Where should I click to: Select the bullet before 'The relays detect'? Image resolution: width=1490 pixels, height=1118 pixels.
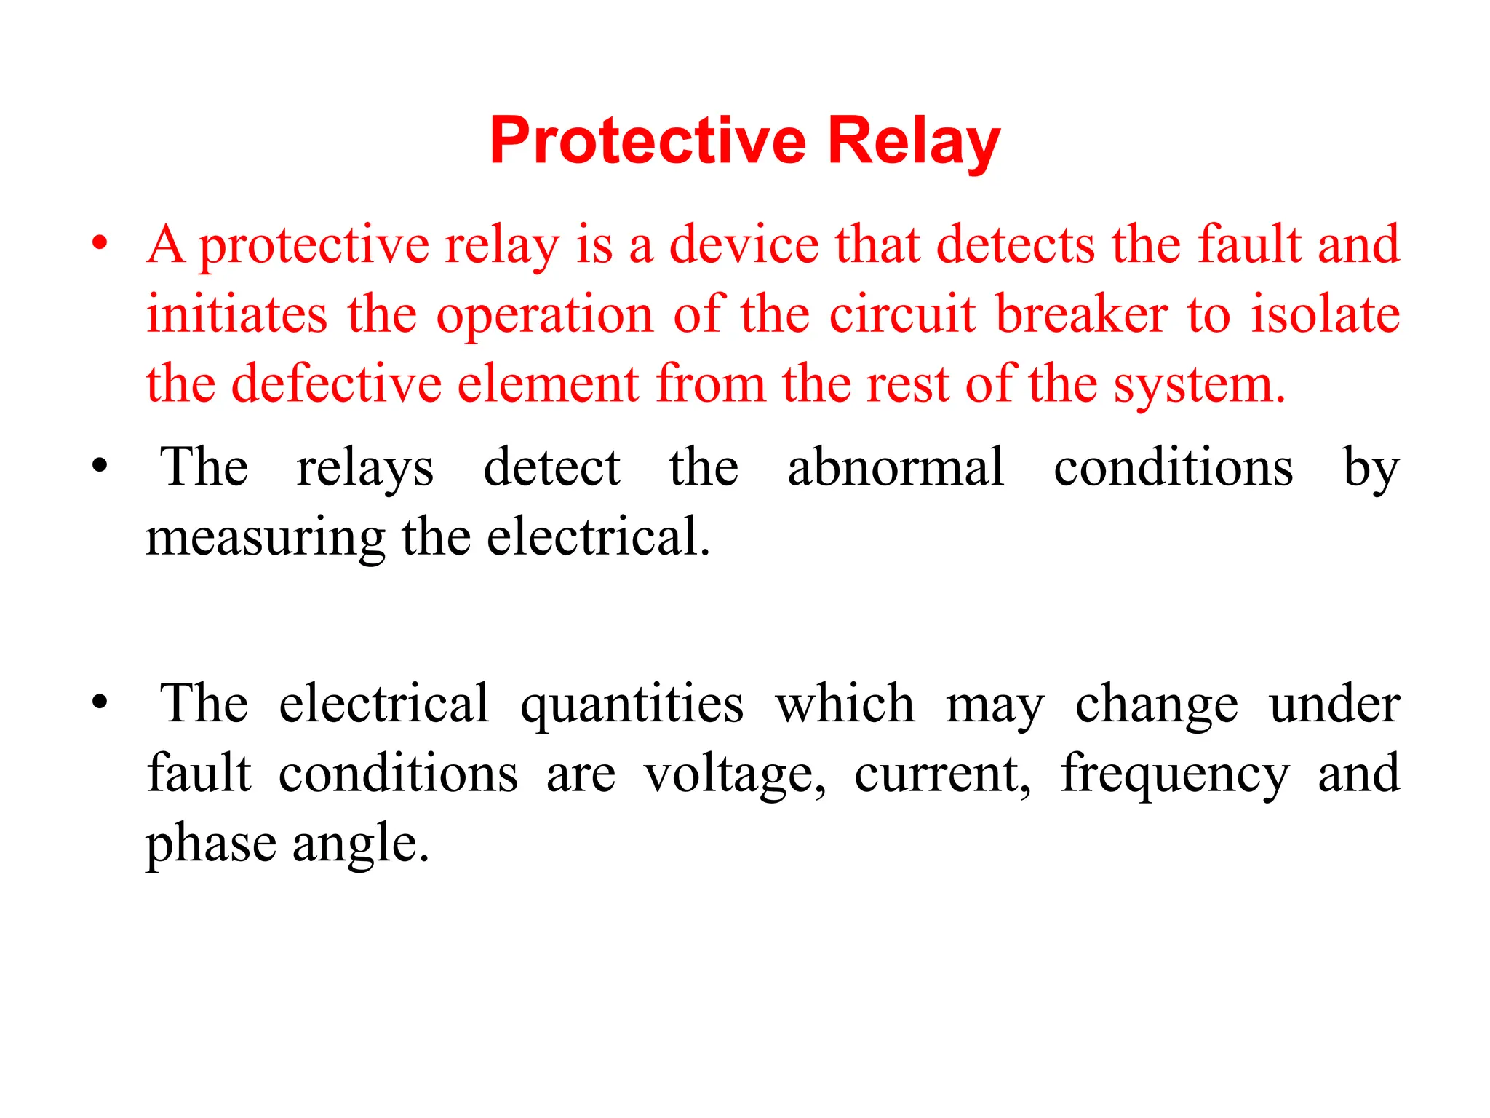[x=100, y=466]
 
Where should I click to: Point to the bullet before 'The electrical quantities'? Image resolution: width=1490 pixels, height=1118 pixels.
[x=100, y=702]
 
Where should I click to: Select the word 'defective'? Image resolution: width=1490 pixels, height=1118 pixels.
[x=336, y=384]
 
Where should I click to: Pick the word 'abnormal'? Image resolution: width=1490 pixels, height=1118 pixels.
[x=896, y=467]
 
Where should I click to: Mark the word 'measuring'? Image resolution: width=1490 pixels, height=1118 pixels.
[x=265, y=539]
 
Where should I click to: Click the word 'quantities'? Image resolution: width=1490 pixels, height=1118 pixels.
[x=632, y=705]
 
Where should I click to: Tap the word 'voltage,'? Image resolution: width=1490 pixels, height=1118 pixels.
[x=735, y=774]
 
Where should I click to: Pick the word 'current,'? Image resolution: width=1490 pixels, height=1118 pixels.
[x=943, y=774]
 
